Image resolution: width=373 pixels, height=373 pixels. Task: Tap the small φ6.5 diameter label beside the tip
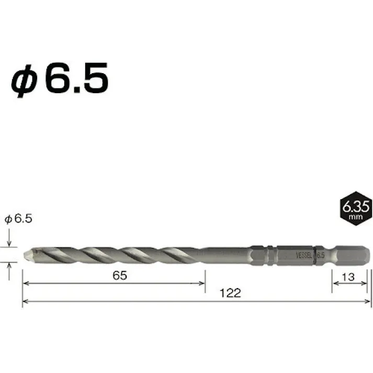(18, 219)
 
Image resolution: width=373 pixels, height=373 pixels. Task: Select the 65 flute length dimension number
(119, 276)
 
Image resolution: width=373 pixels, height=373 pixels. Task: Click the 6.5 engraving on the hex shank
(321, 256)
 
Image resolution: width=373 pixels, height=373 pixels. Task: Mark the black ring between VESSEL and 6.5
(314, 256)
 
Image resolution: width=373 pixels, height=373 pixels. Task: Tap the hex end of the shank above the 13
(352, 256)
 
